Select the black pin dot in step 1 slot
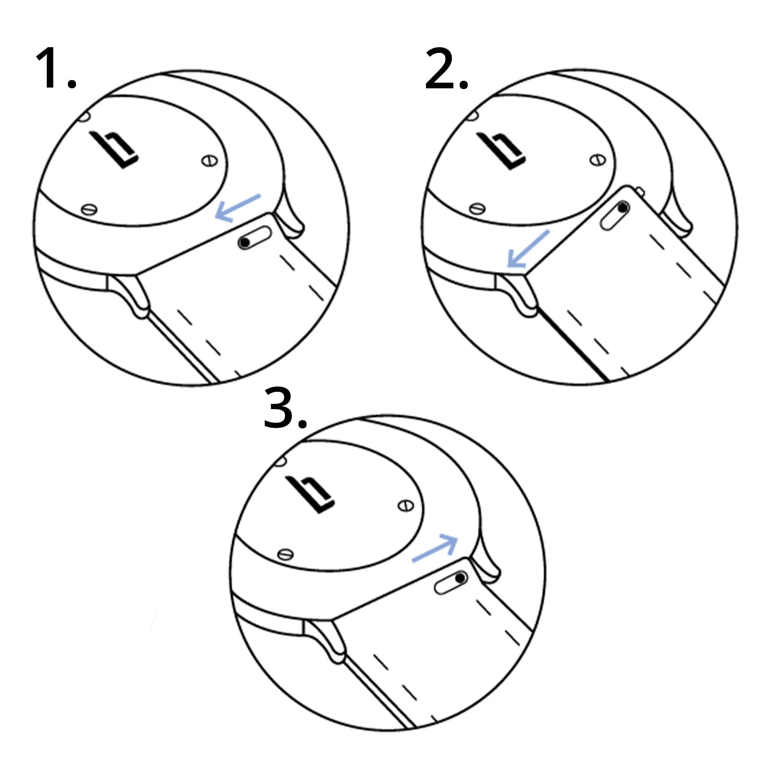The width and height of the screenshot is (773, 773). pyautogui.click(x=245, y=242)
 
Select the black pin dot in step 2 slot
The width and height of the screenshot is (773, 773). pyautogui.click(x=623, y=208)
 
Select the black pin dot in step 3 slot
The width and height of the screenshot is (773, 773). pyautogui.click(x=460, y=578)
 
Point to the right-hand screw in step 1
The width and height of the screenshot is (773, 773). pyautogui.click(x=209, y=161)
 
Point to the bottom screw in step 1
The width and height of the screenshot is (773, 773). pyautogui.click(x=89, y=209)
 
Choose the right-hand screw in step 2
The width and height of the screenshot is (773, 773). pyautogui.click(x=597, y=160)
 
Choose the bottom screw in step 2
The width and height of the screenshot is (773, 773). pyautogui.click(x=477, y=208)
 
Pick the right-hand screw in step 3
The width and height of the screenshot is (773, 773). pyautogui.click(x=406, y=506)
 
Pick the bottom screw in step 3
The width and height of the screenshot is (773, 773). pyautogui.click(x=285, y=554)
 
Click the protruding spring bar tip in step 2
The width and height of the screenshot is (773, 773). pyautogui.click(x=640, y=192)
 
